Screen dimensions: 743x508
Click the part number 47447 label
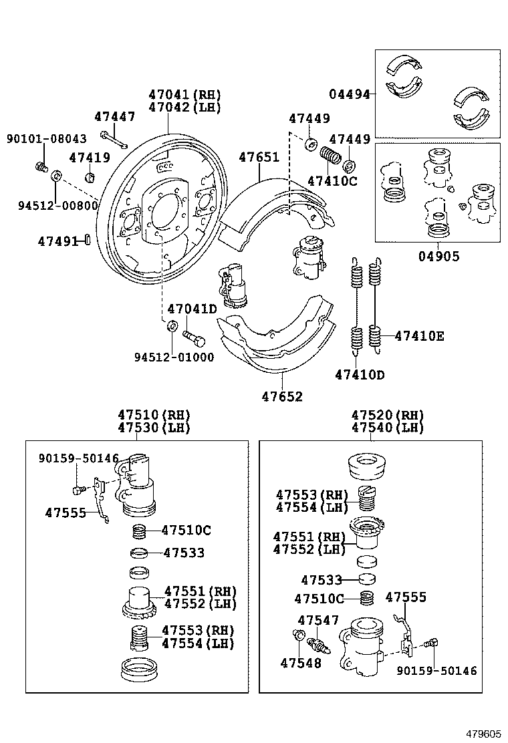114,117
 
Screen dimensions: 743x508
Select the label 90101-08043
46,139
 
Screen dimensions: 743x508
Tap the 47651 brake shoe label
259,158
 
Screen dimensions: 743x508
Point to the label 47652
282,397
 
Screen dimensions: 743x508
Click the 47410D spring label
360,375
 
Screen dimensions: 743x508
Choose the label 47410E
419,336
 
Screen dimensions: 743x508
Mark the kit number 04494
349,94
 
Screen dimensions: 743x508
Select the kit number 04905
439,256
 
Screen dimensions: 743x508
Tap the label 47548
301,663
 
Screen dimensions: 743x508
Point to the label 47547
318,621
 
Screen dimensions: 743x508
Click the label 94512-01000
174,357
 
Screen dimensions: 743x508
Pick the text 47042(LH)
184,108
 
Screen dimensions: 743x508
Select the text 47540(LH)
388,428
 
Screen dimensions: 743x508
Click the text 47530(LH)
154,428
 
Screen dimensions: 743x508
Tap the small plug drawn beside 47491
87,240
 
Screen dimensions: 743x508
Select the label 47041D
192,309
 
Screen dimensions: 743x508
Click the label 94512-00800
58,206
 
